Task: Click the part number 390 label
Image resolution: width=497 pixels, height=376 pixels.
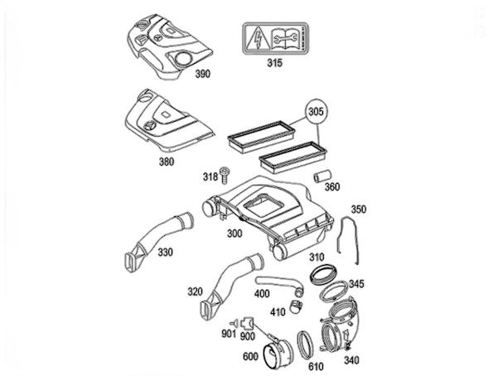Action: (202, 74)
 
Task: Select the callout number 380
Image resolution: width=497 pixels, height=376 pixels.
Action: (166, 161)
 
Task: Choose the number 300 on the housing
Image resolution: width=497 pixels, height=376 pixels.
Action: (234, 234)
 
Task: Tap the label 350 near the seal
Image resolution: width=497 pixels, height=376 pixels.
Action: (358, 209)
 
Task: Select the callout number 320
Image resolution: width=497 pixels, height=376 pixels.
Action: (195, 292)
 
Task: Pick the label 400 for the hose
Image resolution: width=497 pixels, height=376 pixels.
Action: (262, 293)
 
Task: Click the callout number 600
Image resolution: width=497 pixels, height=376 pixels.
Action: (249, 358)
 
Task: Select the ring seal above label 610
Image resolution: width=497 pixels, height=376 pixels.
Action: (303, 340)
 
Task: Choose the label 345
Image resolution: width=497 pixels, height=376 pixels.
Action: (355, 284)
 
